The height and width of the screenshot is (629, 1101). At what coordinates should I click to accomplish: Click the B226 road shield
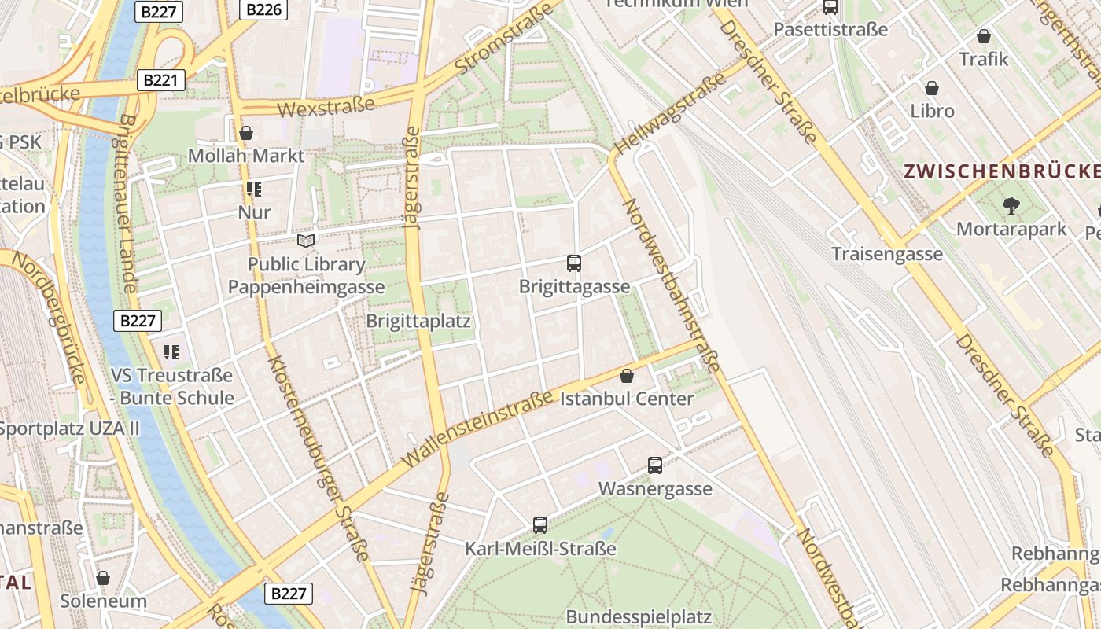263,9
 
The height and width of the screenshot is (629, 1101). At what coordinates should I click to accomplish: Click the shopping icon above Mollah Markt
246,133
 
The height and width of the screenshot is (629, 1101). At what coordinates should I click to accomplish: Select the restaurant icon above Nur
253,189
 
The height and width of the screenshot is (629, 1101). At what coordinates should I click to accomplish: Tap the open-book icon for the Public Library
306,241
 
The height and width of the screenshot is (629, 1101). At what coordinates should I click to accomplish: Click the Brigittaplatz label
418,321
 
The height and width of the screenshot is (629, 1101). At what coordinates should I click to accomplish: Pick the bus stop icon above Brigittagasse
574,263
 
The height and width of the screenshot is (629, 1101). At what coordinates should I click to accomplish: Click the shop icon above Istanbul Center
627,376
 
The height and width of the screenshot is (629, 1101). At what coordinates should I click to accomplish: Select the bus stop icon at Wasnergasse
655,465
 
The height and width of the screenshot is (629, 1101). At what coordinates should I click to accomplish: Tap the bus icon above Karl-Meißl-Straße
539,525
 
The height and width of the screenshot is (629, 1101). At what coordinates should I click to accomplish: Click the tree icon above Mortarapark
1011,206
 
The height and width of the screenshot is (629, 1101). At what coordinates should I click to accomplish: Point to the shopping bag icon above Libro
932,88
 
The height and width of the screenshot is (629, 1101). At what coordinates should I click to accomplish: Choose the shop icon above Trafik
983,36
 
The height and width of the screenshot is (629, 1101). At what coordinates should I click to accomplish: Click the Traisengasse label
887,253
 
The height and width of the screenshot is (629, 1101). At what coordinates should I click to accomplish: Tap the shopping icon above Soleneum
103,578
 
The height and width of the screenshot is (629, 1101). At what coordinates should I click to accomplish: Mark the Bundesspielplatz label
639,616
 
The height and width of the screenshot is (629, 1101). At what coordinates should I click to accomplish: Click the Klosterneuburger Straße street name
319,458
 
